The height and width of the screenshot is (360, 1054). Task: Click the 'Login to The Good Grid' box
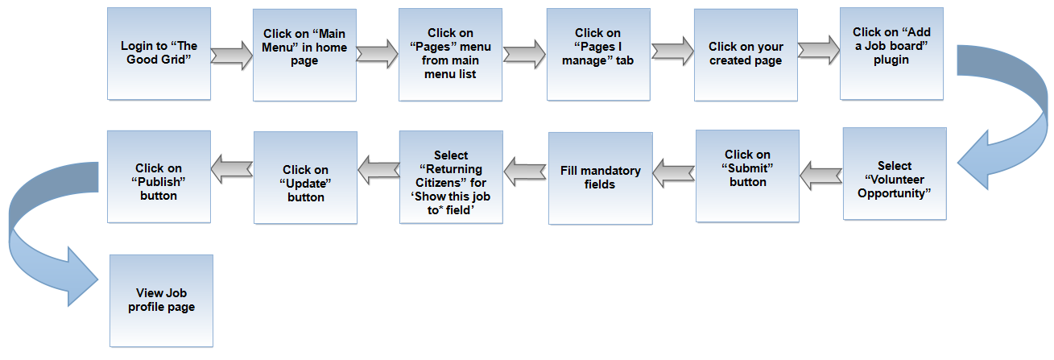[x=159, y=54]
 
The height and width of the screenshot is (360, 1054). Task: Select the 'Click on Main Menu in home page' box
[x=304, y=55]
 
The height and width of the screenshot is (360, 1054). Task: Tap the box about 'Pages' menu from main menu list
[x=450, y=55]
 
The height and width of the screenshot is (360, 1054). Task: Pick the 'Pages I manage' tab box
[x=598, y=54]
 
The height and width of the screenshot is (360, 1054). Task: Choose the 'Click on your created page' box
[x=746, y=55]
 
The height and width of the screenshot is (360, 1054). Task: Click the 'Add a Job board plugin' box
[x=891, y=54]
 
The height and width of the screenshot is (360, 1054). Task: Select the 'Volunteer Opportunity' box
[x=895, y=174]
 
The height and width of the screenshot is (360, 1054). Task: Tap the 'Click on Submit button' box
[x=748, y=176]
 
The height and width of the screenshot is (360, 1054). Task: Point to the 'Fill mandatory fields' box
[x=601, y=178]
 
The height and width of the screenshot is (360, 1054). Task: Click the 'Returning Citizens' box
[x=451, y=177]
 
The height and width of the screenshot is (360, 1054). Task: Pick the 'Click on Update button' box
[x=305, y=177]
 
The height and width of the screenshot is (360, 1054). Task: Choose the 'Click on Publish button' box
[x=159, y=176]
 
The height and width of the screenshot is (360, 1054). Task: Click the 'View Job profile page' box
[x=161, y=300]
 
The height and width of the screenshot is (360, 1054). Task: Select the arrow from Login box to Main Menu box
[x=232, y=56]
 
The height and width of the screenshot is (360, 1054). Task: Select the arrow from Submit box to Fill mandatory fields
[x=674, y=173]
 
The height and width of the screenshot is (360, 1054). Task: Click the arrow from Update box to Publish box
[x=232, y=169]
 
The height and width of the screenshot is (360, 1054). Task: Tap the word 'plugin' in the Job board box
[x=891, y=60]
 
